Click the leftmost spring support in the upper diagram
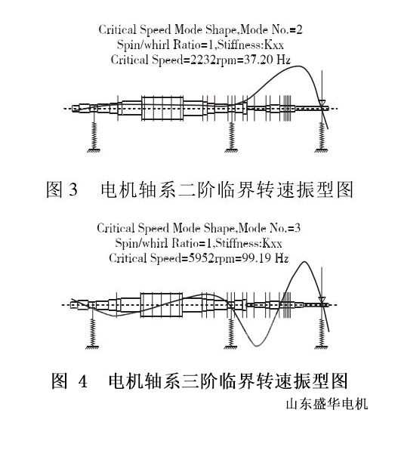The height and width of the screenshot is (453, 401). coord(95,134)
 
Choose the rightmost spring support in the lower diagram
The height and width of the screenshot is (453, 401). coord(322,332)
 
